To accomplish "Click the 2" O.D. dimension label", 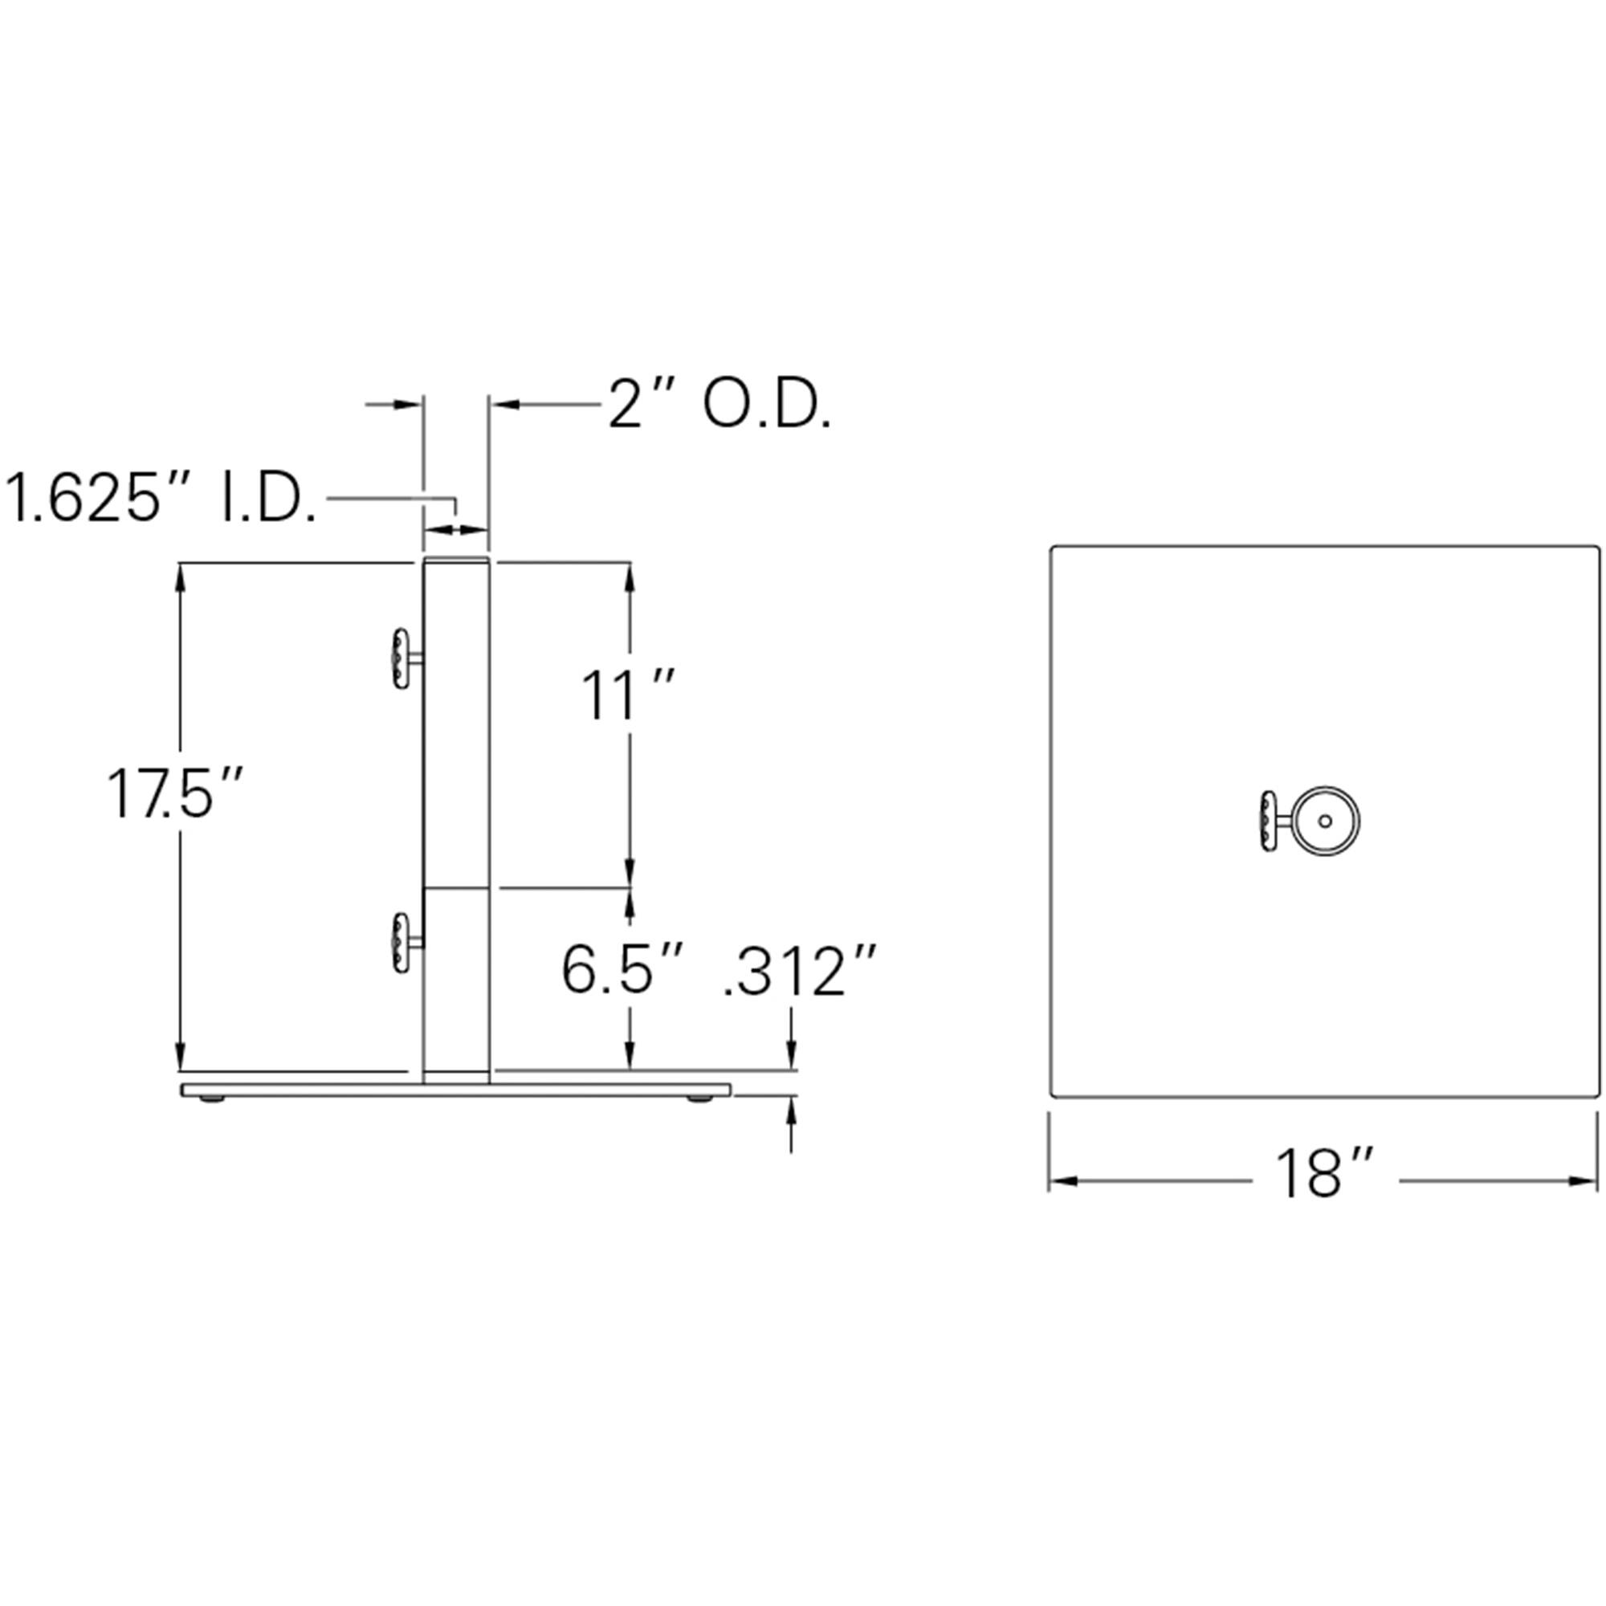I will click(x=719, y=406).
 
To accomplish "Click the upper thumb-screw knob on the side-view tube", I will click(x=401, y=659).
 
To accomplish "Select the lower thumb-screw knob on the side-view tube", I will click(x=401, y=943).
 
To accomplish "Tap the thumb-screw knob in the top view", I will click(x=1267, y=822).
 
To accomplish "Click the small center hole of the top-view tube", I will click(x=1325, y=821).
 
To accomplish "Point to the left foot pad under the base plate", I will click(x=213, y=1100).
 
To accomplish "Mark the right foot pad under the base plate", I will click(x=700, y=1100).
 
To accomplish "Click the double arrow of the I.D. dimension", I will click(x=455, y=528).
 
